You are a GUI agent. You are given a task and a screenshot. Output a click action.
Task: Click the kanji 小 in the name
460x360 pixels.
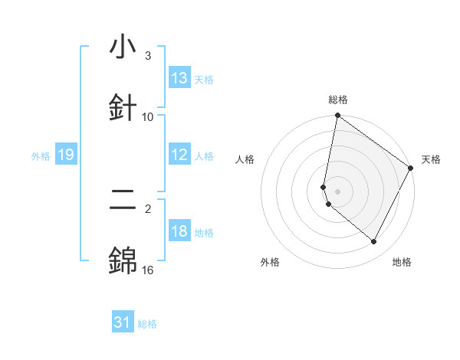pos(123,48)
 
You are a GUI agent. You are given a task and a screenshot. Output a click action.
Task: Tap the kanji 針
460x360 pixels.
pos(123,106)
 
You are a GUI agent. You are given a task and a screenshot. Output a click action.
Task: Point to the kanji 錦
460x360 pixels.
pos(123,261)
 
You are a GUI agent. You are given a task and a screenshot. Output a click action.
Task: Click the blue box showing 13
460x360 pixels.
pos(179,78)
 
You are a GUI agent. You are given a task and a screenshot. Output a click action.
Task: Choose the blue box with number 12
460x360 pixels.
pos(179,155)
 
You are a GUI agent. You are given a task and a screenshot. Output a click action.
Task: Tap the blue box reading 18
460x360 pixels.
pos(179,231)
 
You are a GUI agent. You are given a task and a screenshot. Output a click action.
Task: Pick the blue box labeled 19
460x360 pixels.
pos(65,155)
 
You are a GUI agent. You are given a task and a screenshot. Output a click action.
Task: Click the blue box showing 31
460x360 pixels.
pos(123,322)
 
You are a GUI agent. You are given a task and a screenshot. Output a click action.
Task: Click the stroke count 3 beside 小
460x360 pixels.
pos(148,56)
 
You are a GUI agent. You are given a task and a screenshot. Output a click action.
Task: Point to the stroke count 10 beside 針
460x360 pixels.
pos(148,117)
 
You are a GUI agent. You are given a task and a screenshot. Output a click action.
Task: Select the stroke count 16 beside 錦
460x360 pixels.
pos(148,270)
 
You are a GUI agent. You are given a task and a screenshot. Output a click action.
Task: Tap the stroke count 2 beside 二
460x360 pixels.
pos(148,209)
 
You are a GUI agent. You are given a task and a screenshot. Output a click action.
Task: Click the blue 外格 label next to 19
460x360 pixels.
pos(41,156)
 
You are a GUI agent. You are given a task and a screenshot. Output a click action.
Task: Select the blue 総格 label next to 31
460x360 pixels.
pos(147,324)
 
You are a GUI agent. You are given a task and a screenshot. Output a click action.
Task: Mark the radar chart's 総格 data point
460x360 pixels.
pos(337,116)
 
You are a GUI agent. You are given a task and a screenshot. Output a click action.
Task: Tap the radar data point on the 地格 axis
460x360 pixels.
pos(374,241)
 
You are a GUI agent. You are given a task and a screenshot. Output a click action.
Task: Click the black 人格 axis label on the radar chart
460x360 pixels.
pos(245,159)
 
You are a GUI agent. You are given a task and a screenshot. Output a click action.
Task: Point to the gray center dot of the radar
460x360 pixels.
pos(337,191)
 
